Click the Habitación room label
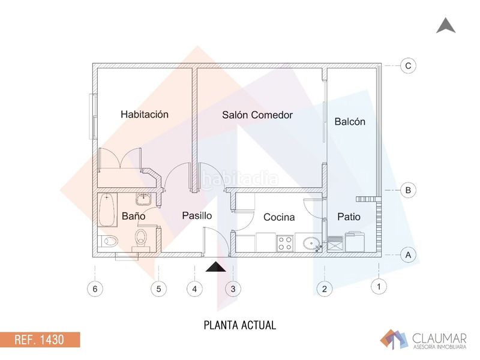coord(145,114)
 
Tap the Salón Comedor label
coord(257,115)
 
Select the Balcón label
coord(350,122)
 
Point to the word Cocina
coord(279,217)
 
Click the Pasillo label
coord(197,215)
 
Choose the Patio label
coord(349,217)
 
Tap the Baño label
coord(133,216)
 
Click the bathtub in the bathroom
coord(107,209)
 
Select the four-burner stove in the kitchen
coord(285,244)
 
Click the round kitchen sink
coord(311,244)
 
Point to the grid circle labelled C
coord(408,65)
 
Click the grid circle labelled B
coord(408,190)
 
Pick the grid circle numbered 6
coord(95,289)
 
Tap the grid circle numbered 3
coord(233,289)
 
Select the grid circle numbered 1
coord(379,287)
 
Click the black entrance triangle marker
coord(216,267)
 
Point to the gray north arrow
coord(446,25)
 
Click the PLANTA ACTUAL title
coord(240,325)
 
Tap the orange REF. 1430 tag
coord(40,340)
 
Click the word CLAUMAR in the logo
coord(439,338)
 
